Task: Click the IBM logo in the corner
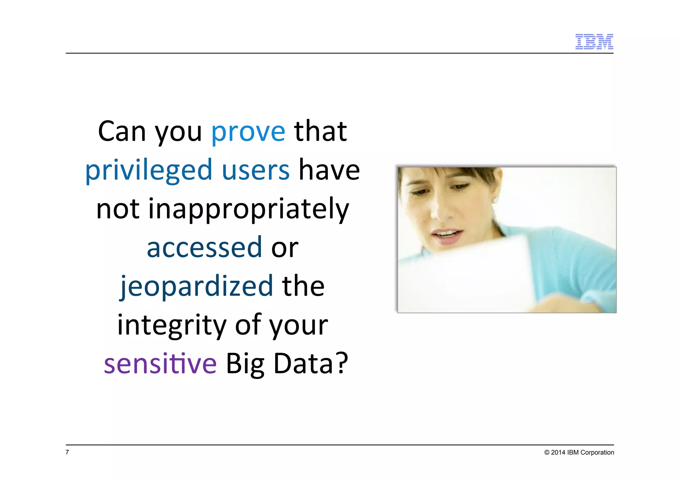pyautogui.click(x=594, y=41)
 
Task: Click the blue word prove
pyautogui.click(x=248, y=132)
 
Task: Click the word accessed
pyautogui.click(x=205, y=247)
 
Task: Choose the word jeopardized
pyautogui.click(x=197, y=286)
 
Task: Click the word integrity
pyautogui.click(x=172, y=325)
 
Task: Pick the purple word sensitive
pyautogui.click(x=160, y=364)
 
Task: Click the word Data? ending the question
pyautogui.click(x=311, y=364)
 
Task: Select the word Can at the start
pyautogui.click(x=122, y=132)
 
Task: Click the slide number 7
pyautogui.click(x=67, y=452)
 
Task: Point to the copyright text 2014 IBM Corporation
pyautogui.click(x=579, y=452)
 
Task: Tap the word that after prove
pyautogui.click(x=320, y=132)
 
